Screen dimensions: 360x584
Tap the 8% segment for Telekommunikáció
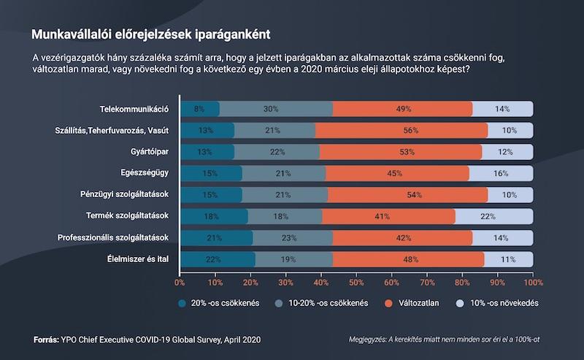199,109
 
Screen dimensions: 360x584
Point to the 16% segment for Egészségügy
501,173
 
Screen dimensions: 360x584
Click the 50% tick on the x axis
356,281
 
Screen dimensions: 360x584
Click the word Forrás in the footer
48,340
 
